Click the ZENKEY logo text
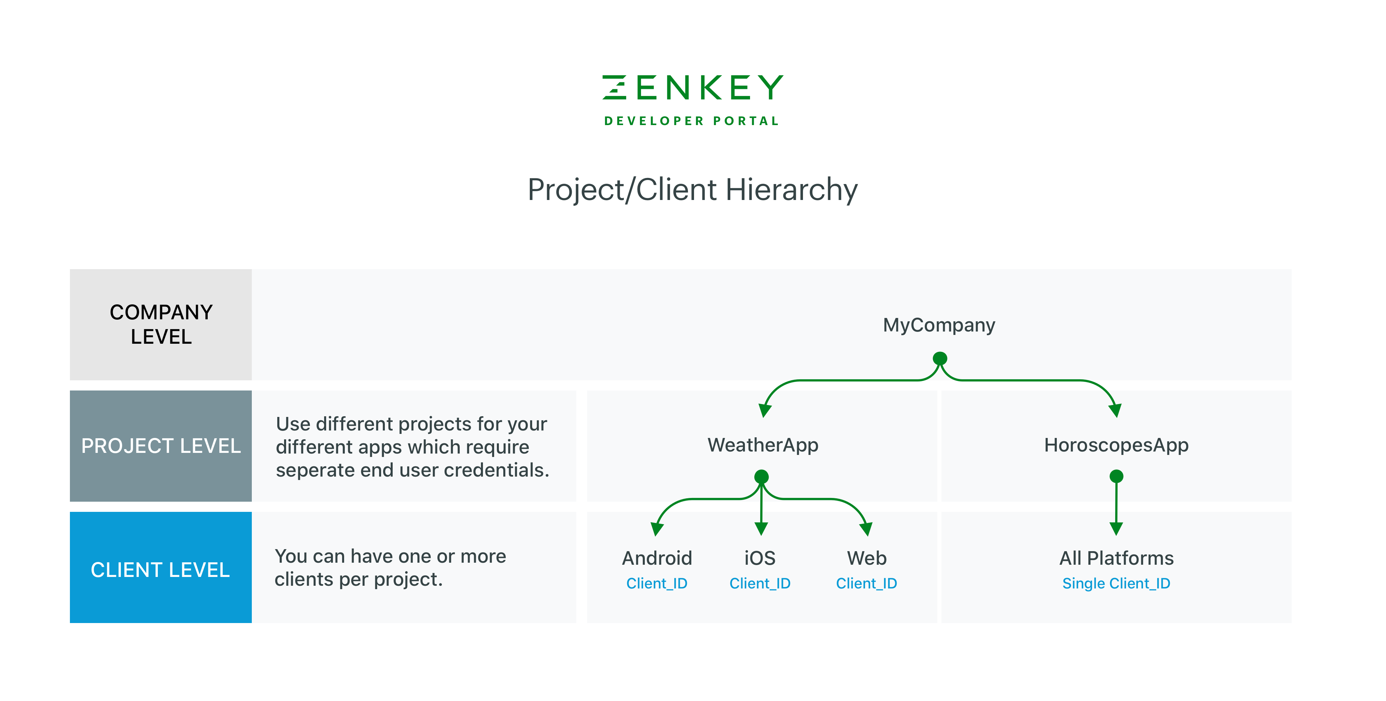click(692, 87)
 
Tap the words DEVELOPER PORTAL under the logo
click(692, 121)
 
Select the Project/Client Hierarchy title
click(692, 190)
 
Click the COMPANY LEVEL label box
click(161, 325)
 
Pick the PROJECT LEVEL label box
click(161, 446)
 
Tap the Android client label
click(657, 558)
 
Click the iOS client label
click(760, 558)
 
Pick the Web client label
click(867, 558)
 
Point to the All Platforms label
click(1117, 558)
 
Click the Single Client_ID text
click(1117, 583)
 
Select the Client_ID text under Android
click(657, 583)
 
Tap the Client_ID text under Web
click(867, 583)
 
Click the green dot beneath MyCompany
click(940, 359)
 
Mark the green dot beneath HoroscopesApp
click(1117, 476)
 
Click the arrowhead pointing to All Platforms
click(1117, 528)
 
